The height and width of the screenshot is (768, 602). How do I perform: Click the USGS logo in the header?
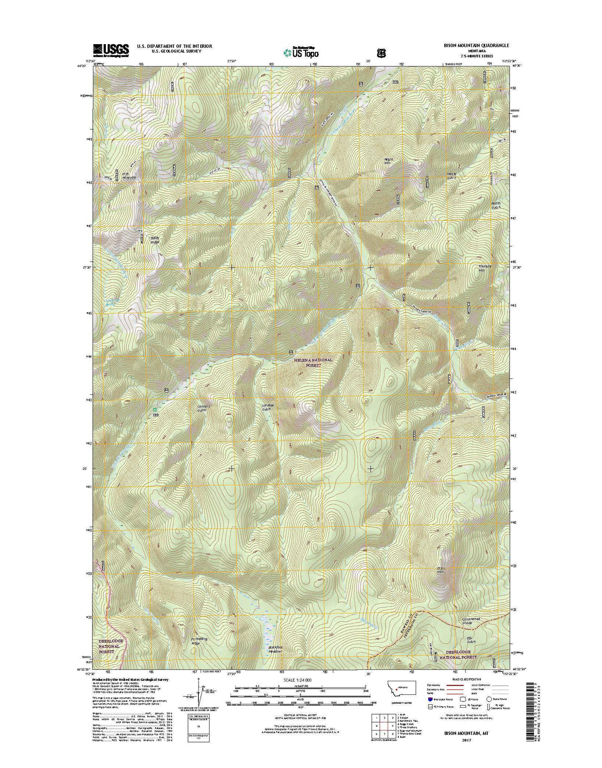110,49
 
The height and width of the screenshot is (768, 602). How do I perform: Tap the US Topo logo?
301,51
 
